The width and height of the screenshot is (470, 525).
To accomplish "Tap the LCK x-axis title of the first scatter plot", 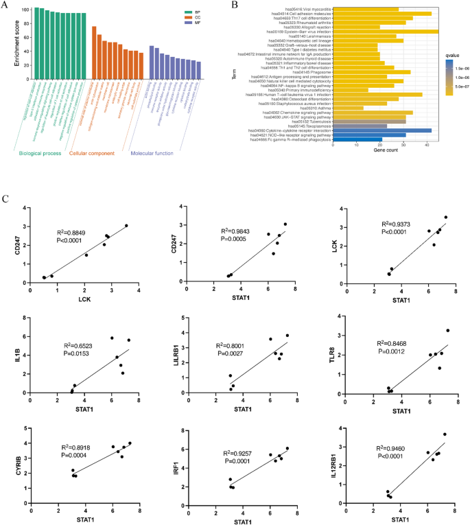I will tap(84, 299).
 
